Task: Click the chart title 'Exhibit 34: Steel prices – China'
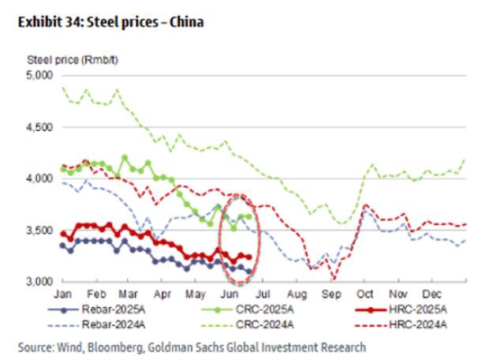(110, 22)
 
